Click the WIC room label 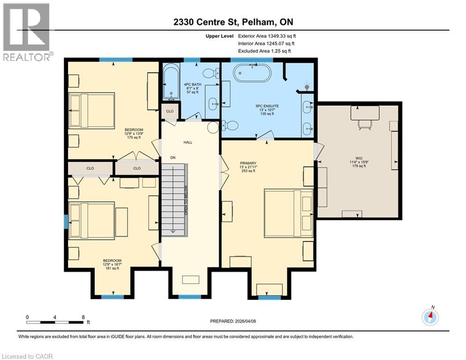pyautogui.click(x=358, y=158)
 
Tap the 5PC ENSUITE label pyautogui.click(x=267, y=106)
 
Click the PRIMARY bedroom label pyautogui.click(x=248, y=164)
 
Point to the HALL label pyautogui.click(x=188, y=142)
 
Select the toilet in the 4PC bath pyautogui.click(x=211, y=73)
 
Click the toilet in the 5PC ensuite pyautogui.click(x=229, y=125)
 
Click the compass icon pyautogui.click(x=429, y=317)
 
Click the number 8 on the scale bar pyautogui.click(x=83, y=317)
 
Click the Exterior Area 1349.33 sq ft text pyautogui.click(x=267, y=36)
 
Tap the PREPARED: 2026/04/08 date pyautogui.click(x=233, y=321)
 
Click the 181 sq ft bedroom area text pyautogui.click(x=112, y=268)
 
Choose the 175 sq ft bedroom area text pyautogui.click(x=133, y=137)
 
